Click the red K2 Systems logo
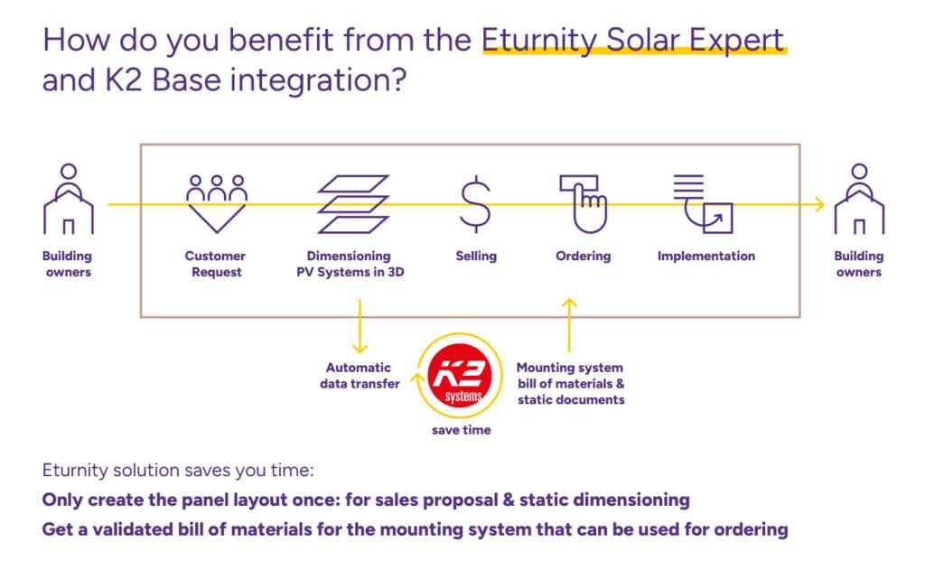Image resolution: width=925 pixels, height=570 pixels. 461,375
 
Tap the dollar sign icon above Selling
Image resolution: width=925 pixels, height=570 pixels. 476,204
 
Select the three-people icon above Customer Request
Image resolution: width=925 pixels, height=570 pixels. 216,202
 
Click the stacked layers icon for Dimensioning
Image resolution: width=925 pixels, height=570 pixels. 353,204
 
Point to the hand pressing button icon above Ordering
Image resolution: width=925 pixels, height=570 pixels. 584,203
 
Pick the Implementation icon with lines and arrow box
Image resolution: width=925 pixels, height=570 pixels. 703,203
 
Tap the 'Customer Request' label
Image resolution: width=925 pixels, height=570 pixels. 215,264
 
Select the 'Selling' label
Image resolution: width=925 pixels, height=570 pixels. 476,257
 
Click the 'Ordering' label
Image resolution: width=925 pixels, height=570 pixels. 583,257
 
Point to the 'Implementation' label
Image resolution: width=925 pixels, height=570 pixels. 705,257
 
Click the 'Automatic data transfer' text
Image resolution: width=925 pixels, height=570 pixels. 359,376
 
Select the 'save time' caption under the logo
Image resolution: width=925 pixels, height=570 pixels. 461,431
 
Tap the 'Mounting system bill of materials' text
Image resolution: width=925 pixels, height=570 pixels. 570,383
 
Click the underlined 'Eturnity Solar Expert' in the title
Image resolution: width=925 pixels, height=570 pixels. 633,41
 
